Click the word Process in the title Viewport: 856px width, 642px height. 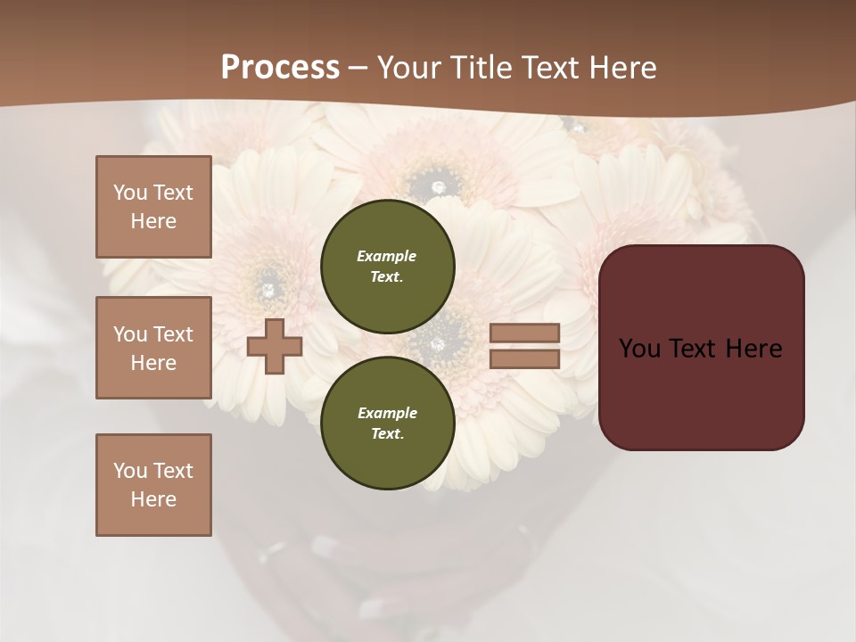280,68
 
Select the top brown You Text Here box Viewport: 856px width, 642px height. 153,207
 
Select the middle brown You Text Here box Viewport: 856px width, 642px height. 153,348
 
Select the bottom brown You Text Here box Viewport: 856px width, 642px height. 153,484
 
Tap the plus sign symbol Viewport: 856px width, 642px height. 275,346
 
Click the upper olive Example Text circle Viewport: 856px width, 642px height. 387,267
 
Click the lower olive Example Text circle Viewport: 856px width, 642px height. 387,424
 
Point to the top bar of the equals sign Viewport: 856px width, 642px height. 524,333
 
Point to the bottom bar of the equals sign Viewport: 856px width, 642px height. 524,358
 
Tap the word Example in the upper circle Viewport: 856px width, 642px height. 386,256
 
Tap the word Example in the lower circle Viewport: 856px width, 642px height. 387,413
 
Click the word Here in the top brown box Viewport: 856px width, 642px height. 153,221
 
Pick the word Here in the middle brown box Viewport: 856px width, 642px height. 153,363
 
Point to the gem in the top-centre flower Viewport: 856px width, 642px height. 438,186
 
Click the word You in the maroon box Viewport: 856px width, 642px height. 639,349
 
